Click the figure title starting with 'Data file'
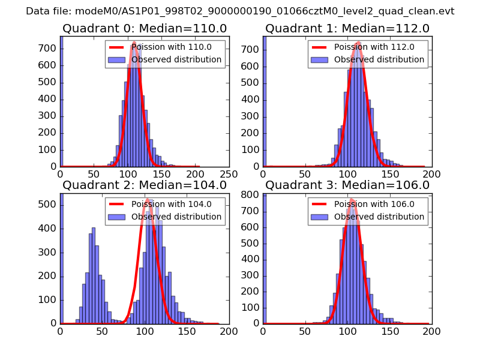240,11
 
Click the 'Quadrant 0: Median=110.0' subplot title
144,29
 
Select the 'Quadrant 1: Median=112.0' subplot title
347,29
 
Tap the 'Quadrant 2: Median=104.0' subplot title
144,185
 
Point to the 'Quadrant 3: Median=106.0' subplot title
347,185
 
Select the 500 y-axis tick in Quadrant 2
50,205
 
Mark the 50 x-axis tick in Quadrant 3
305,331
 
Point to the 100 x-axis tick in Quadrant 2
145,331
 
